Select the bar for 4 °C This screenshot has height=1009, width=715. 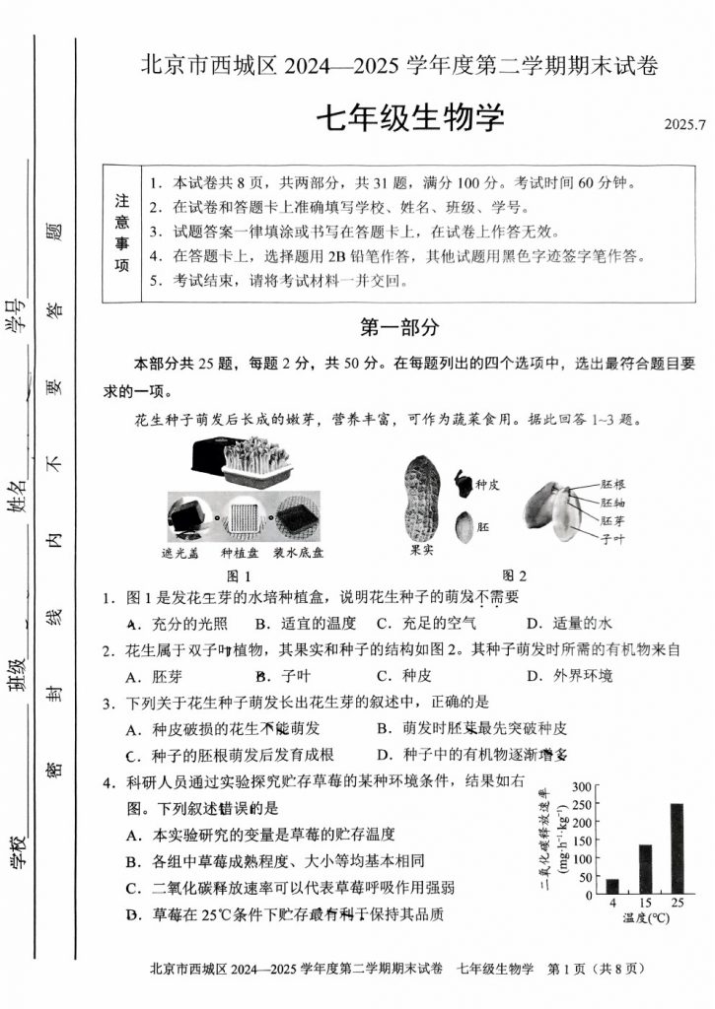[612, 886]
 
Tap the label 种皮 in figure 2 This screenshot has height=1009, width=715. [489, 485]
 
